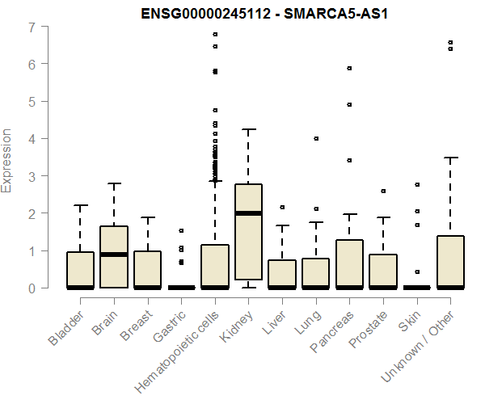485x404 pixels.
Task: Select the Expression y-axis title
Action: click(x=8, y=160)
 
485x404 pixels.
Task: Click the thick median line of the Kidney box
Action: click(x=248, y=213)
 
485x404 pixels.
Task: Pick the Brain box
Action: click(x=113, y=257)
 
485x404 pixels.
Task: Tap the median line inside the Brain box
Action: click(x=113, y=255)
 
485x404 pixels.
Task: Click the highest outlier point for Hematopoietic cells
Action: click(x=215, y=35)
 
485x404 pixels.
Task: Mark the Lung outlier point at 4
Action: click(x=316, y=139)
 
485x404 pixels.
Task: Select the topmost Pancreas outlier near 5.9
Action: click(x=349, y=69)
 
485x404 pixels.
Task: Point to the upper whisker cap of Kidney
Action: click(x=248, y=129)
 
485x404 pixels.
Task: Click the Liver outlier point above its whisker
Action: click(x=282, y=208)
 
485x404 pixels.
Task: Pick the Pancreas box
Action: click(x=349, y=263)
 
